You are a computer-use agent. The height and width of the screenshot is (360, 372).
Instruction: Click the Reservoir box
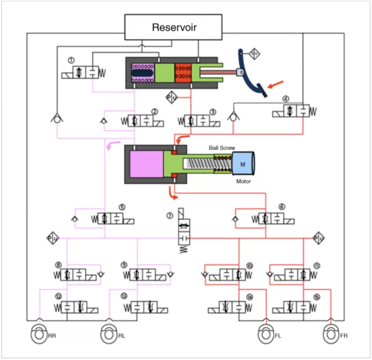pyautogui.click(x=174, y=27)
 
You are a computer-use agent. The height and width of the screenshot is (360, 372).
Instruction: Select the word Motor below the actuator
pyautogui.click(x=243, y=181)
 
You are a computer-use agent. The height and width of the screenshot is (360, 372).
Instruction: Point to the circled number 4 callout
pyautogui.click(x=286, y=99)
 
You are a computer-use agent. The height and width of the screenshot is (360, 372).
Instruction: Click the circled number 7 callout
pyautogui.click(x=170, y=215)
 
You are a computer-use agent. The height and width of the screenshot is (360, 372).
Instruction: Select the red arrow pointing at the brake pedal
pyautogui.click(x=275, y=84)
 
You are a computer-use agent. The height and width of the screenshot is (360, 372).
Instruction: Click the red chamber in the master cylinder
pyautogui.click(x=183, y=73)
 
